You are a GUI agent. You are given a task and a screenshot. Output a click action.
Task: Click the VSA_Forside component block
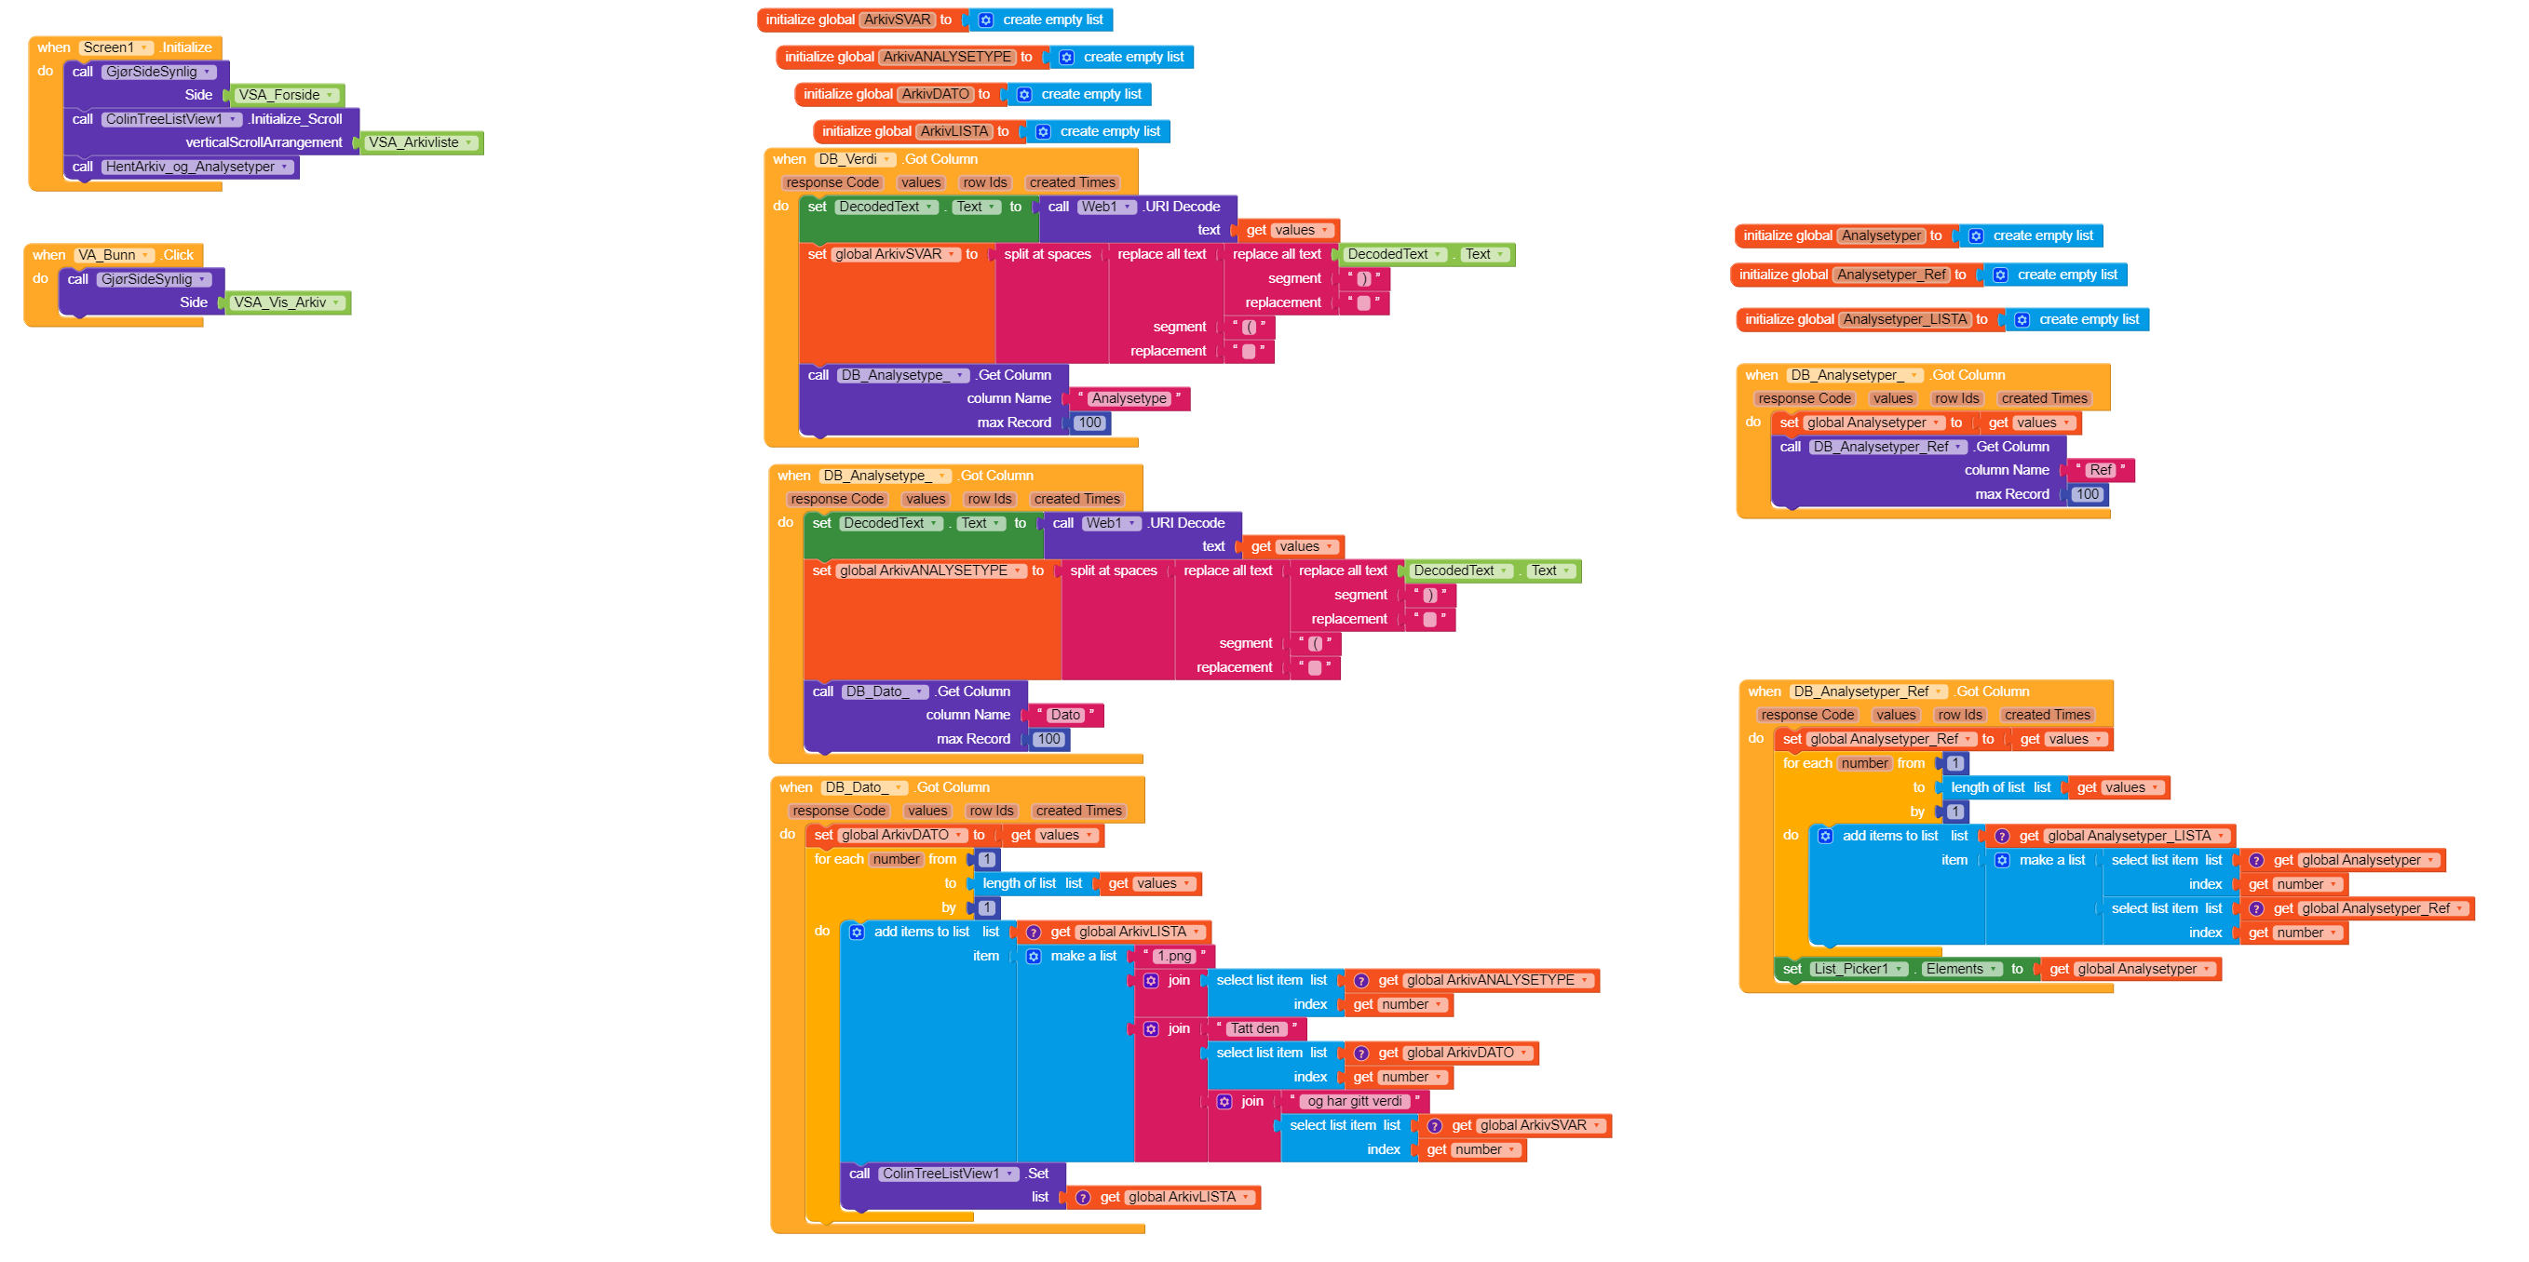[287, 95]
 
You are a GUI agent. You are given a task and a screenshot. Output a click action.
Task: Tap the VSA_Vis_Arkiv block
[287, 302]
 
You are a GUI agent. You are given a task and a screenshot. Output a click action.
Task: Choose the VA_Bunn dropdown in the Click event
[114, 255]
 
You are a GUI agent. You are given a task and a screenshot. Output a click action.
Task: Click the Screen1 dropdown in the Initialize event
[115, 47]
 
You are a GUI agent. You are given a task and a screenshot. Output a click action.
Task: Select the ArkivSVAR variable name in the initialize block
[898, 20]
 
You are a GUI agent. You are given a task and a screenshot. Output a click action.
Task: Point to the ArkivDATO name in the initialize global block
[936, 94]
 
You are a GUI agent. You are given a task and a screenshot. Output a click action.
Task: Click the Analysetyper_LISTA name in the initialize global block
[1904, 319]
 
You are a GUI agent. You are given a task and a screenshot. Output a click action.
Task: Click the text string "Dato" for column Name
[1065, 716]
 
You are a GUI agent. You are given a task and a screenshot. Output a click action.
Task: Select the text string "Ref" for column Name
[2100, 470]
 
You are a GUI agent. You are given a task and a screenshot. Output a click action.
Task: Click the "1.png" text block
[1174, 956]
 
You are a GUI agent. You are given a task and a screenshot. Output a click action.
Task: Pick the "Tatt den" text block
[1254, 1028]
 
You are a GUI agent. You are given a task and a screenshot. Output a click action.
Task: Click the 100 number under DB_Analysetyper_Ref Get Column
[2088, 494]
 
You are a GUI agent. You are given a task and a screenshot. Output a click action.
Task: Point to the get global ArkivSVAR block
[1516, 1125]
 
